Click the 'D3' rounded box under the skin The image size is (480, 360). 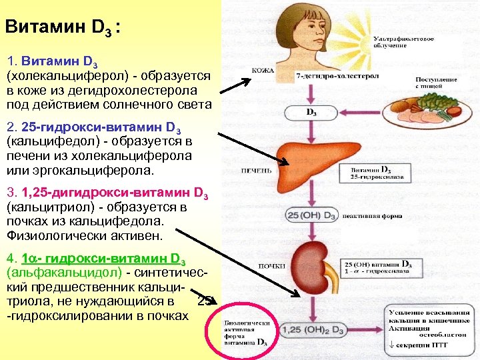pyautogui.click(x=311, y=113)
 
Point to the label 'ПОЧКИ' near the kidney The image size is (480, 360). pyautogui.click(x=261, y=266)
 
